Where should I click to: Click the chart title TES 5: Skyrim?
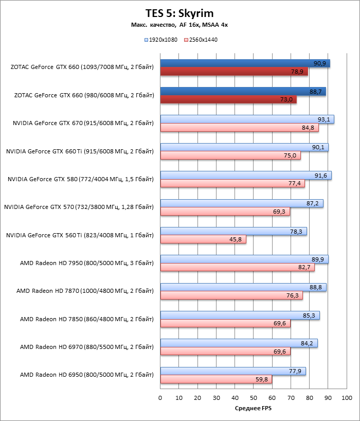click(179, 13)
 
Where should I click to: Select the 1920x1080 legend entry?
click(161, 40)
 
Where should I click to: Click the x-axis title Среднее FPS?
click(253, 409)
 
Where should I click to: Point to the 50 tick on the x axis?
click(254, 398)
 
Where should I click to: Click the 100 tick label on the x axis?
click(347, 398)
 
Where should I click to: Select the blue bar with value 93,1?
click(247, 119)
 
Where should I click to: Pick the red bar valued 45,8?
click(203, 239)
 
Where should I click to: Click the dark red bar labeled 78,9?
click(234, 72)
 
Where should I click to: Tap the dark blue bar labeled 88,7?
click(243, 92)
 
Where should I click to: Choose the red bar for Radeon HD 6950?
click(216, 379)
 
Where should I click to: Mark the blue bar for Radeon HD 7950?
click(244, 259)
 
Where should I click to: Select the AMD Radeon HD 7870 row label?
click(85, 291)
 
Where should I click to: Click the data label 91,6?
click(321, 176)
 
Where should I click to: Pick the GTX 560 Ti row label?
click(80, 235)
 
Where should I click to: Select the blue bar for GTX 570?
click(242, 203)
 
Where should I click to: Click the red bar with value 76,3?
click(231, 295)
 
